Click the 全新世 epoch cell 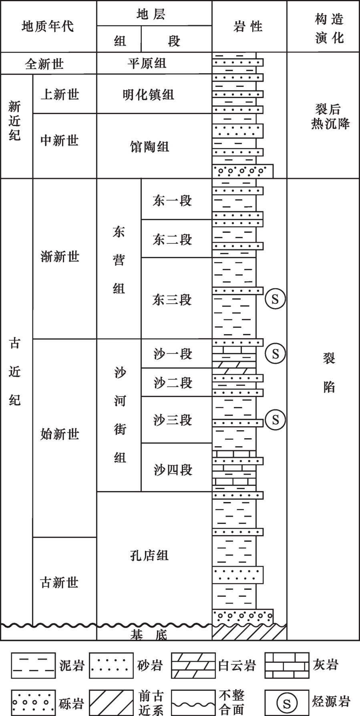(x=44, y=64)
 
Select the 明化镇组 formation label (x=148, y=95)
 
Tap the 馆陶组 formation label (x=149, y=146)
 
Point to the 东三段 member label (x=172, y=300)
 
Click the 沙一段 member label (x=173, y=353)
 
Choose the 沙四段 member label (x=173, y=469)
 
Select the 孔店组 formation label (x=149, y=556)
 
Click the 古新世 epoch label (x=59, y=582)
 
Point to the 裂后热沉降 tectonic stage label (x=330, y=116)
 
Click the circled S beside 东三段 (x=275, y=299)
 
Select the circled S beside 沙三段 (x=275, y=419)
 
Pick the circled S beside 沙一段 (x=275, y=353)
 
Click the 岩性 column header (x=248, y=26)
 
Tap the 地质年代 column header (x=48, y=26)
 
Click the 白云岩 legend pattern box (x=193, y=665)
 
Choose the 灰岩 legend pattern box (x=287, y=665)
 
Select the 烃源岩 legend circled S (x=287, y=703)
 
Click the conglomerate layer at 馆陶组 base (x=243, y=171)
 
